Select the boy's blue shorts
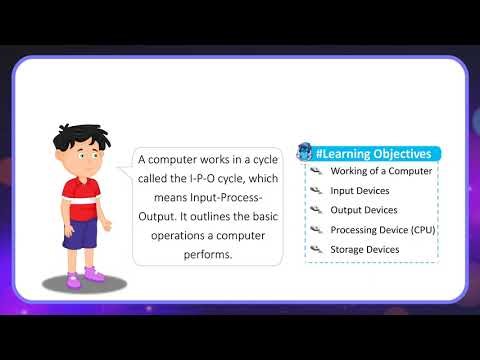tap(80, 233)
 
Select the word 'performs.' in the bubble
tap(208, 254)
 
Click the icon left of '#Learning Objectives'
tap(304, 153)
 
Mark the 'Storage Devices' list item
tap(365, 249)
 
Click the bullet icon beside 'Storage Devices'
tap(316, 249)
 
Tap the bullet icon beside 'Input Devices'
tap(316, 190)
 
